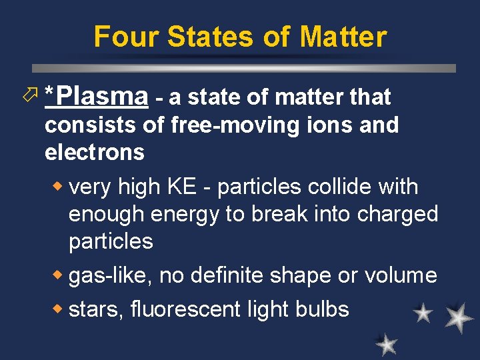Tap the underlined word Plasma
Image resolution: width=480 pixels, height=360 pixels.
(x=100, y=97)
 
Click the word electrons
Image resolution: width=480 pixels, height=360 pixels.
(x=94, y=153)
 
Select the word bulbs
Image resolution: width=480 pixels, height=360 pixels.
(x=323, y=309)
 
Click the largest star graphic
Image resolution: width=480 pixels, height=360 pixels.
(x=459, y=319)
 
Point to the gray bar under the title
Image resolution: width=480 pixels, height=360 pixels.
(x=243, y=68)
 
